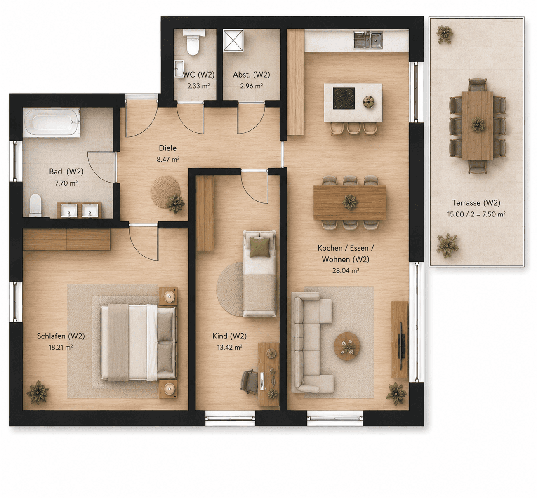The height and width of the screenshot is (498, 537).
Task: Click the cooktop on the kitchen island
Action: point(344,99)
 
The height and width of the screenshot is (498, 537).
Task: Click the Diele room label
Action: point(167,148)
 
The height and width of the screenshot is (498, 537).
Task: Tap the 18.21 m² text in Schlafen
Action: point(61,347)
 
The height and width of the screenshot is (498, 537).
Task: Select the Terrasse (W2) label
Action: point(476,202)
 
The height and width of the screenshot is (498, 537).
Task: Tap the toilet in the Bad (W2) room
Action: point(35,205)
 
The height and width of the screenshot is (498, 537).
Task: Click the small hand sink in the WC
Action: point(179,69)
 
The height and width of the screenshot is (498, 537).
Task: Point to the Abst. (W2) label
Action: point(252,75)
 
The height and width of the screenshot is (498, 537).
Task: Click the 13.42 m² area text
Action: point(230,347)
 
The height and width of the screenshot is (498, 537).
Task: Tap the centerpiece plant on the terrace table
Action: point(478,125)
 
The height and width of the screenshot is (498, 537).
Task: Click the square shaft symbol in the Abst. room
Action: point(233,40)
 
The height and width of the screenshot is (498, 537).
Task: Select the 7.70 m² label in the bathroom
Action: point(66,183)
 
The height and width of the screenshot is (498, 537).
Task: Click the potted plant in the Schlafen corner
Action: point(38,392)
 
